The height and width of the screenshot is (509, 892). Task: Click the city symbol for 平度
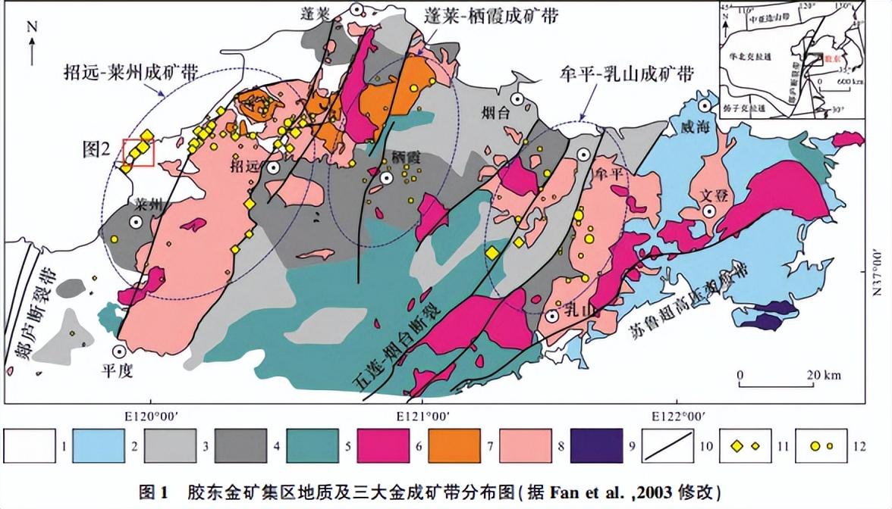tap(119, 351)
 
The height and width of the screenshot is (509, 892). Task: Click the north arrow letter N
tap(31, 26)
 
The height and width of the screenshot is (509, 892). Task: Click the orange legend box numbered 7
tap(454, 445)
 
